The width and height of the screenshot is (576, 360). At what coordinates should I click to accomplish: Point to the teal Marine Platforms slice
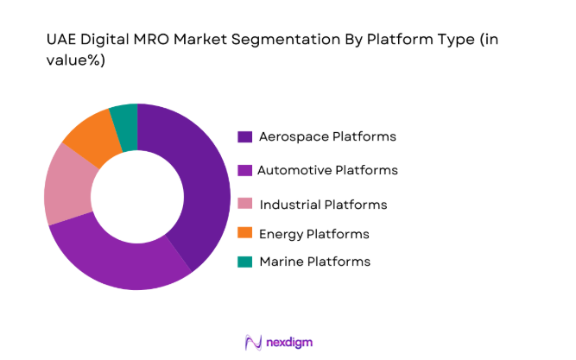point(124,117)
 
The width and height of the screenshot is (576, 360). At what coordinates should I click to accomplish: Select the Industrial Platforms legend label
point(323,205)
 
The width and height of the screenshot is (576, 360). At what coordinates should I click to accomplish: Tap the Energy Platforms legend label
point(313,234)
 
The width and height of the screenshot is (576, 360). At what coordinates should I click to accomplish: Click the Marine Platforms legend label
point(314,261)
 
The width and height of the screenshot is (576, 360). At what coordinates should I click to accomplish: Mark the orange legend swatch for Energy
point(244,234)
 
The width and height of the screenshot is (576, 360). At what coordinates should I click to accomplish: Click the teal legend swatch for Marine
point(244,261)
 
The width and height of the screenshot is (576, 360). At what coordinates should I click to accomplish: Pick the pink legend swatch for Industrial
point(244,205)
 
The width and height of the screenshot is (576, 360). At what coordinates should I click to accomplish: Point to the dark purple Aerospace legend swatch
point(244,136)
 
